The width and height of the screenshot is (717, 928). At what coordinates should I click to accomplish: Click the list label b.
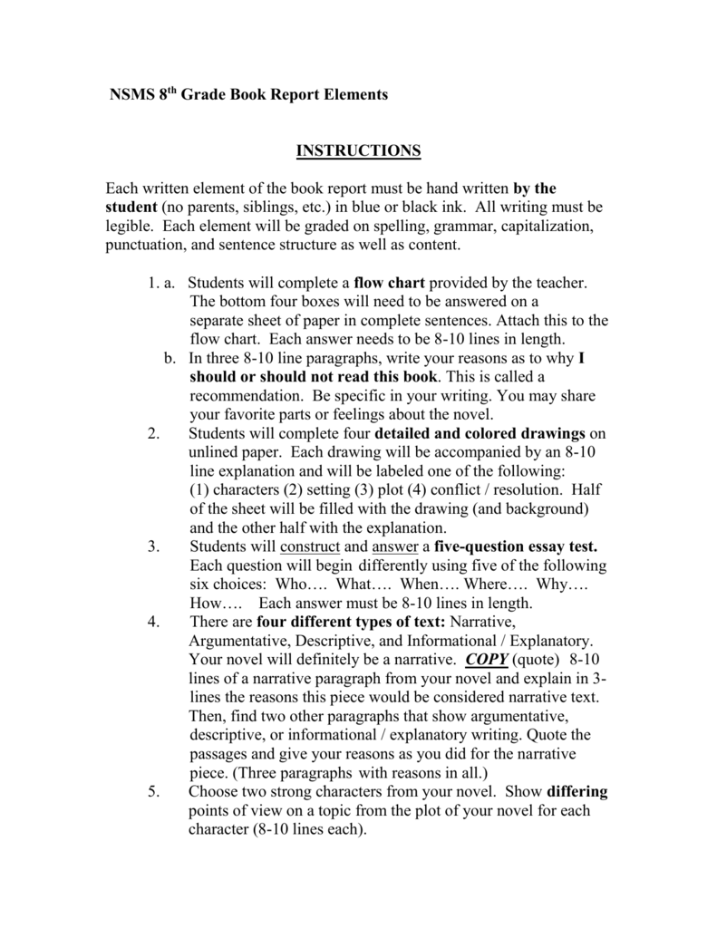tap(170, 358)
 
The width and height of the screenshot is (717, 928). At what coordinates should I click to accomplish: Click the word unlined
tap(217, 452)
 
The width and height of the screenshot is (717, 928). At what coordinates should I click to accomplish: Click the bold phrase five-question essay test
tap(516, 546)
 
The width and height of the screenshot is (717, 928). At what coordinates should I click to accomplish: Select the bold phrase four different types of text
tap(352, 622)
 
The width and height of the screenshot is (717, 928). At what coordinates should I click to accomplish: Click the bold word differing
tap(577, 791)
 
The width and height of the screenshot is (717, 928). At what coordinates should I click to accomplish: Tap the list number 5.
tap(152, 791)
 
